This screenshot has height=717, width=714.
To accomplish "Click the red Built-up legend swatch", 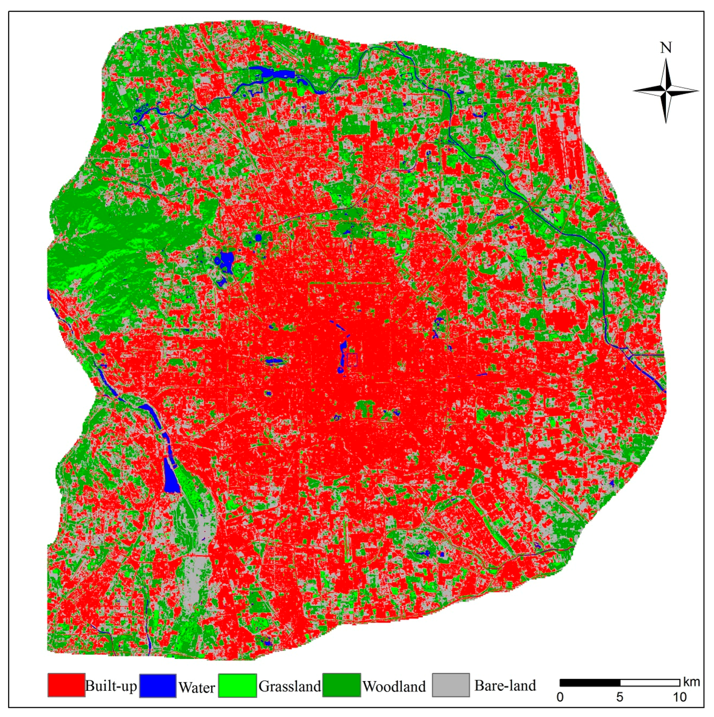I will point(66,685).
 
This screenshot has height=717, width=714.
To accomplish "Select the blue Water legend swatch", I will point(158,685).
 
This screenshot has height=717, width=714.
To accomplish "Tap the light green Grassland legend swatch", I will point(237,685).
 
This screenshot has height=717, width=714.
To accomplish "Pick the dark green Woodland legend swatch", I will point(342,685).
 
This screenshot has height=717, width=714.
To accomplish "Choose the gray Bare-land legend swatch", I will point(451,685).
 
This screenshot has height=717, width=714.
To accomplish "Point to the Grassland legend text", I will point(290,686).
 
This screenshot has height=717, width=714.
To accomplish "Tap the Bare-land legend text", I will point(505,685).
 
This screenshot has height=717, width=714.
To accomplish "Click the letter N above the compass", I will point(666,48).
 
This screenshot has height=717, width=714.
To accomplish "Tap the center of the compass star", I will point(666,91).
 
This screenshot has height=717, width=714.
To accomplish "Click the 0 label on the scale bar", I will point(560,697).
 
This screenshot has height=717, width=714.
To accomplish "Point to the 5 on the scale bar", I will point(620,697).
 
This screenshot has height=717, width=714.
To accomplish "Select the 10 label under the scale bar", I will point(679,697).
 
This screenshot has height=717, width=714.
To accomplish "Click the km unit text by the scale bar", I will point(691,682).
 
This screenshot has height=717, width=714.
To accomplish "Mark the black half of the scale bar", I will point(590,683).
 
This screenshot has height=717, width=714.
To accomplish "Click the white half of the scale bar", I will point(650,683).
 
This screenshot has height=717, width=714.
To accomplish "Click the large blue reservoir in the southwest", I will point(171,479).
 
